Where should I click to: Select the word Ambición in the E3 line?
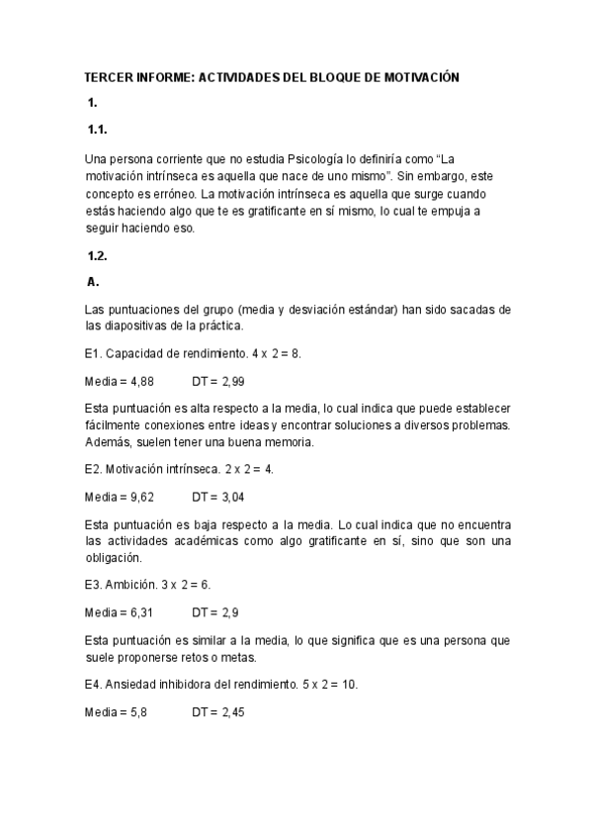tap(132, 585)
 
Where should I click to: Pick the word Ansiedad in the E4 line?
tap(133, 684)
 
